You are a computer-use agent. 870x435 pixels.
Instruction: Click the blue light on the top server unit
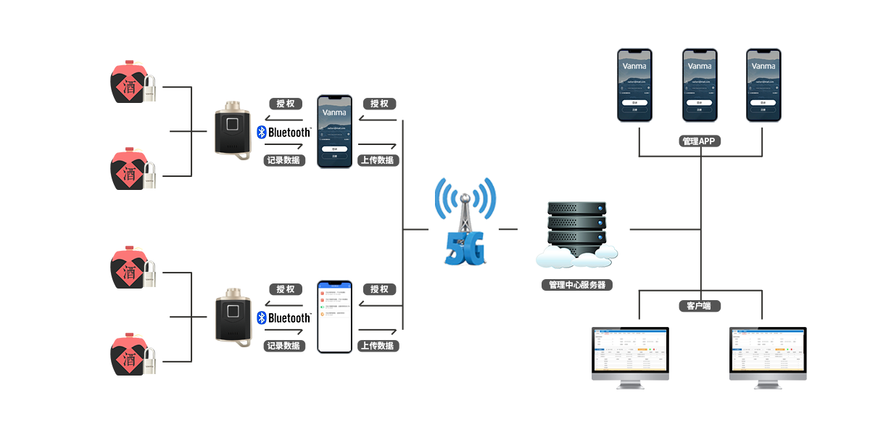point(600,210)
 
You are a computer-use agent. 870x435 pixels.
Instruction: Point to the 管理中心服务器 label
point(577,285)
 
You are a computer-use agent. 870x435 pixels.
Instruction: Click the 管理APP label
point(699,141)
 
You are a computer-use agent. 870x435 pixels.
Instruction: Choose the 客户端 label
point(699,306)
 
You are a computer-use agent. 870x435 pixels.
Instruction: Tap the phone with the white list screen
point(334,316)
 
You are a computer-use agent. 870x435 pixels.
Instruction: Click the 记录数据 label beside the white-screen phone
point(283,346)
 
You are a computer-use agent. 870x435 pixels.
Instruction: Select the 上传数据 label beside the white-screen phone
point(378,346)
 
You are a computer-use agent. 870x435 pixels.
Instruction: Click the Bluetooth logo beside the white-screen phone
point(283,318)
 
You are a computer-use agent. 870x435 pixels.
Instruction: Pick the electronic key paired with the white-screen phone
point(233,317)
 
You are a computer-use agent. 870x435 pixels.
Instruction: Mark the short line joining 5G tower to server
point(508,229)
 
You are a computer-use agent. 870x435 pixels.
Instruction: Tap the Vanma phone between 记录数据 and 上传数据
point(334,131)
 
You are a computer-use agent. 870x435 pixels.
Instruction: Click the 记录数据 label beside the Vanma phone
point(283,160)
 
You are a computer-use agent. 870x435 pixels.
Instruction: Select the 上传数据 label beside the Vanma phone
point(378,160)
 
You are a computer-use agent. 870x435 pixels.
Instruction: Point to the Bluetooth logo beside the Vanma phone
point(283,133)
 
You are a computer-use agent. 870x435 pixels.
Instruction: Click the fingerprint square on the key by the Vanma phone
point(233,124)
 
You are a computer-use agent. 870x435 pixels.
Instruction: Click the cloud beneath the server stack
point(577,255)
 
